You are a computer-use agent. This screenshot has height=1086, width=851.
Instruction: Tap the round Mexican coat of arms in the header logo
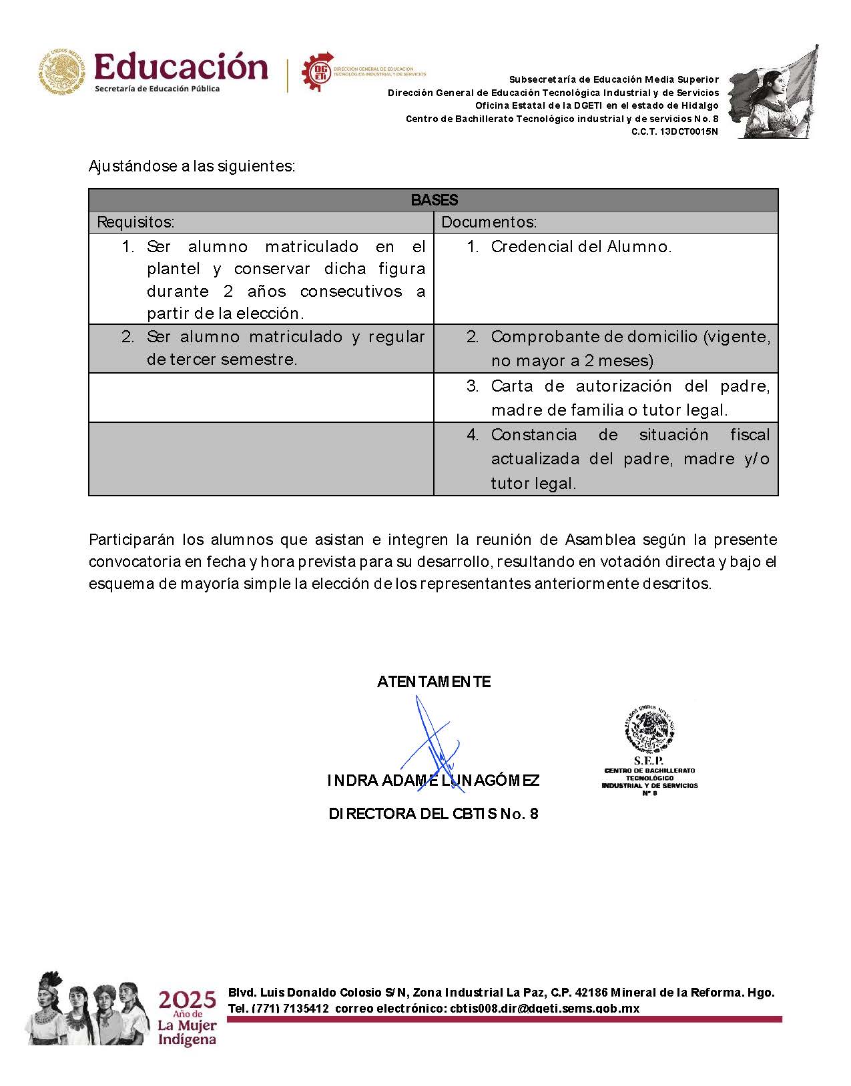[x=63, y=71]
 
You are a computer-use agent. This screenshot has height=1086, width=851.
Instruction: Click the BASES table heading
[x=434, y=200]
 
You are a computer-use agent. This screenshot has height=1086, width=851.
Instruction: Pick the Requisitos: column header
[x=136, y=222]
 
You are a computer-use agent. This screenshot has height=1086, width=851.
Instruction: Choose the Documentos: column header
[x=489, y=222]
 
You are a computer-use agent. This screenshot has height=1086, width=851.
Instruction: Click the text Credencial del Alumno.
[x=581, y=247]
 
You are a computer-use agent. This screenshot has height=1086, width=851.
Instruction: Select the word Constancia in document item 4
[x=534, y=435]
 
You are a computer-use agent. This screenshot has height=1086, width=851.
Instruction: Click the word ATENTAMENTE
[x=434, y=682]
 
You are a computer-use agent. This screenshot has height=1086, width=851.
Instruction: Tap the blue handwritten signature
[x=432, y=747]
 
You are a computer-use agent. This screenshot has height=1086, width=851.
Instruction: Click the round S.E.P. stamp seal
[x=649, y=730]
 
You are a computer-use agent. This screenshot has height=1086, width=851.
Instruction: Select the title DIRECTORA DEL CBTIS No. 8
[x=433, y=814]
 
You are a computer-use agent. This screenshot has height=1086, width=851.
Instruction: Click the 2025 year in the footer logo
[x=187, y=1001]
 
